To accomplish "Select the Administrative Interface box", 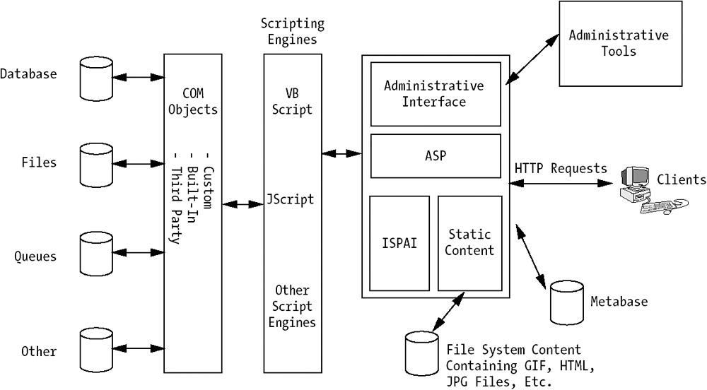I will coord(434,94).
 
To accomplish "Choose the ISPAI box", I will coord(399,243).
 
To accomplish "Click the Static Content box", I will coord(470,243).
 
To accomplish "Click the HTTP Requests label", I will coord(561,169).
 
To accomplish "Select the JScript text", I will coord(291,199).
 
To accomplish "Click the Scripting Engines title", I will coord(292,32).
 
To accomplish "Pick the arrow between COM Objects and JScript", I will coord(242,205).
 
